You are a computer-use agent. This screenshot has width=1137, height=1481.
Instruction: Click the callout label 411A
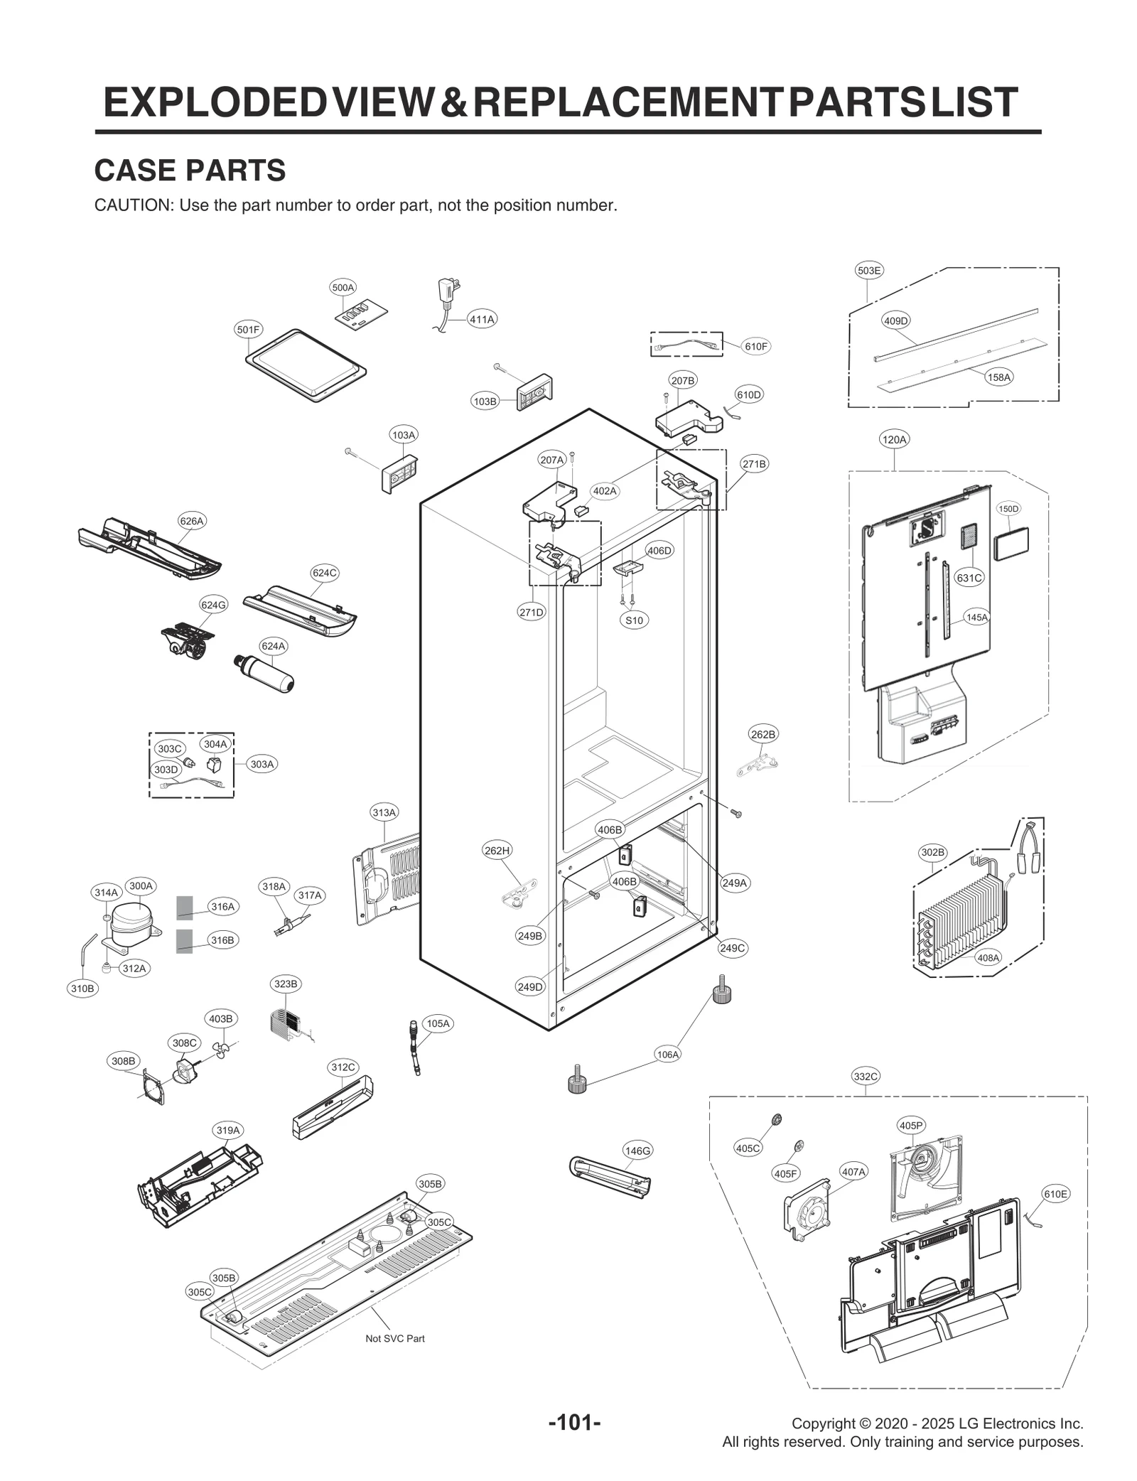coord(481,319)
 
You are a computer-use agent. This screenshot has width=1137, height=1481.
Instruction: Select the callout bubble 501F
coord(249,330)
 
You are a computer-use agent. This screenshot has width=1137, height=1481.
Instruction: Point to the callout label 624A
coord(274,646)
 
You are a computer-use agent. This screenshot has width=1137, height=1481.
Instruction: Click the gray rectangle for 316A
coord(184,907)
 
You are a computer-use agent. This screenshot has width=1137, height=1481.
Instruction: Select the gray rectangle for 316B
coord(184,940)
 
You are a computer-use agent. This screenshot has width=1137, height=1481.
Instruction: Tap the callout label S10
coord(634,620)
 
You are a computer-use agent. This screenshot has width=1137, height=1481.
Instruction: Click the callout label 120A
coord(894,439)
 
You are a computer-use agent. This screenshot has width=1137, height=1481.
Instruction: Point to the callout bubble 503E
coord(868,270)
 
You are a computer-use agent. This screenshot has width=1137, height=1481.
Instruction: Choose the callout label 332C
coord(866,1076)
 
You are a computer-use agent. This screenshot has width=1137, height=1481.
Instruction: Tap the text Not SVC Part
coord(395,1338)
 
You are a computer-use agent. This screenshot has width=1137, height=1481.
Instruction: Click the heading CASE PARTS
coord(190,171)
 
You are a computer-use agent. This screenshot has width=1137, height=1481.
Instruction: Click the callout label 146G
coord(637,1150)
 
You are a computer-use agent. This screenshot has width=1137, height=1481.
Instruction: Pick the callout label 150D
coord(1008,509)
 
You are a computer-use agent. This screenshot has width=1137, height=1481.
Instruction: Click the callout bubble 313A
coord(384,812)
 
